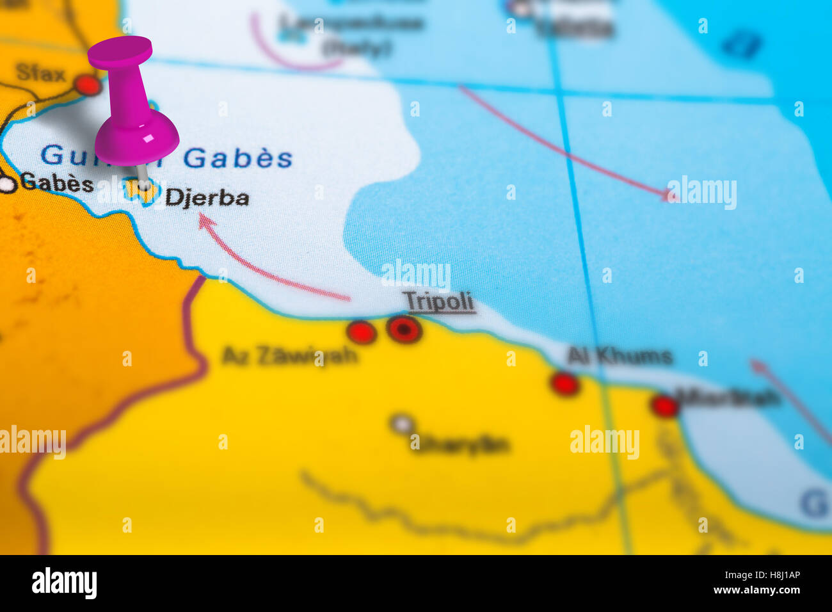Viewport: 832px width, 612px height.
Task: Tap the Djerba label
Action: (207, 197)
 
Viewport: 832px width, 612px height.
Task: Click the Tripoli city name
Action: (439, 301)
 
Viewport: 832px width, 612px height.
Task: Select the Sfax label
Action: (40, 74)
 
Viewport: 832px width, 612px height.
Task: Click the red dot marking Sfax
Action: (87, 85)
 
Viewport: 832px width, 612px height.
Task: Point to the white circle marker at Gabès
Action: (7, 184)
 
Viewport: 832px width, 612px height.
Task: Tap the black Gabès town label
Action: (57, 183)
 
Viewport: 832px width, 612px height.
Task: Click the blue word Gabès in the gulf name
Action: (238, 157)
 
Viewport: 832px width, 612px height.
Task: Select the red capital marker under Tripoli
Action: (404, 329)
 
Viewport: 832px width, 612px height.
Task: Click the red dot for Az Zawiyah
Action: (361, 332)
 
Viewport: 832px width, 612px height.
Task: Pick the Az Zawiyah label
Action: (289, 355)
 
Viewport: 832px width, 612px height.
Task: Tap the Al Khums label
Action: (620, 356)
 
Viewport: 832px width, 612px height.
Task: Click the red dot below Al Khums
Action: (565, 383)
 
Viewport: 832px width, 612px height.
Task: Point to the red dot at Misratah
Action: (664, 405)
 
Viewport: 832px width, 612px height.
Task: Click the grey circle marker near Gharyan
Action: (402, 423)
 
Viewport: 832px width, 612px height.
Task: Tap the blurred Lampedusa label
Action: (352, 24)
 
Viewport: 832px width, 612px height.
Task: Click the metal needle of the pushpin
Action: (143, 176)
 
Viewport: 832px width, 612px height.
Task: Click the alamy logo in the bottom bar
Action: (64, 583)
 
